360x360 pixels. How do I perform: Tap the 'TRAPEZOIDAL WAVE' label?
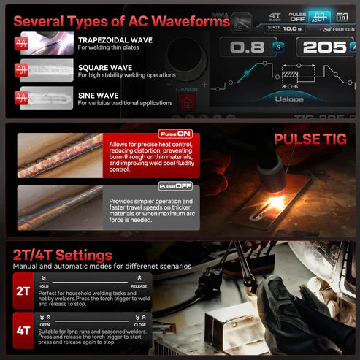point(115,40)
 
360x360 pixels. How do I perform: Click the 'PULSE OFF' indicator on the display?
point(297,17)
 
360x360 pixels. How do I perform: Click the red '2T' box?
point(23,290)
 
